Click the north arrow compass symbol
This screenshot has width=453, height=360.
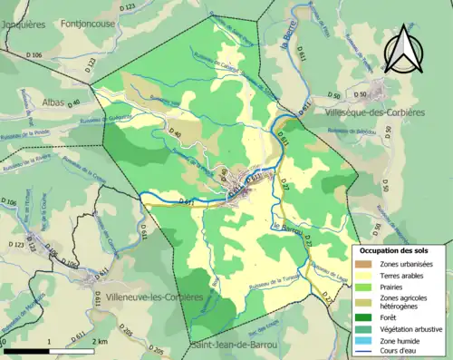[x=403, y=50]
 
